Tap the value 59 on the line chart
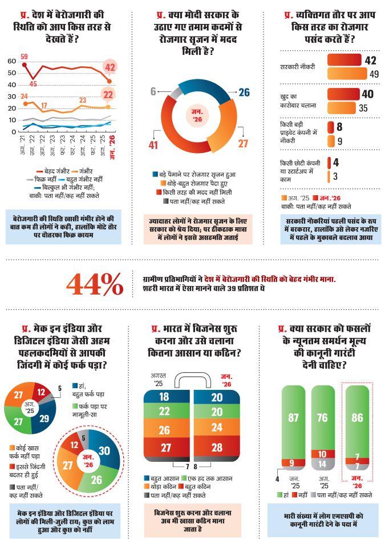click(x=24, y=57)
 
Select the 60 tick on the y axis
click(x=11, y=61)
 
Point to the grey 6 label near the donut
click(x=153, y=92)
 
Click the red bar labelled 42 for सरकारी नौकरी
click(x=345, y=61)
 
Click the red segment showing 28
click(x=217, y=447)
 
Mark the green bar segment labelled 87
click(x=293, y=418)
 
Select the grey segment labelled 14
click(x=322, y=465)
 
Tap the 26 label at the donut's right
click(x=244, y=92)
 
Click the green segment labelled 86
click(x=357, y=418)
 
